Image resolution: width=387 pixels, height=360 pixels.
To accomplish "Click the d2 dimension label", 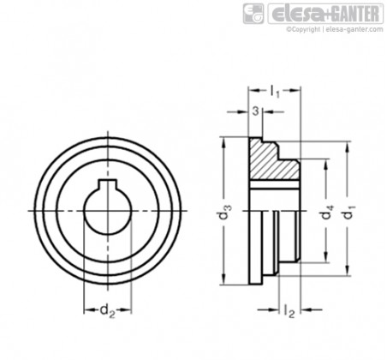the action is point(107,310).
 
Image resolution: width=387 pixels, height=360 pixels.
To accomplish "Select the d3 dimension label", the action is point(226,213).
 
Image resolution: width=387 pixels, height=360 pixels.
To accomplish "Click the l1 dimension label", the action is point(275,92).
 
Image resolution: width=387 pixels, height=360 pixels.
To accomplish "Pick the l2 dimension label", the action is point(289,311).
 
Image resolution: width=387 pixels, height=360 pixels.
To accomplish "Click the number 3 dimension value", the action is point(255,111).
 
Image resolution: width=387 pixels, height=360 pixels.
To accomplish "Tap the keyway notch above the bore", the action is point(107,184).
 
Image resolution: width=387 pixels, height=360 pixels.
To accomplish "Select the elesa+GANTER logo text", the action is point(325,14).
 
